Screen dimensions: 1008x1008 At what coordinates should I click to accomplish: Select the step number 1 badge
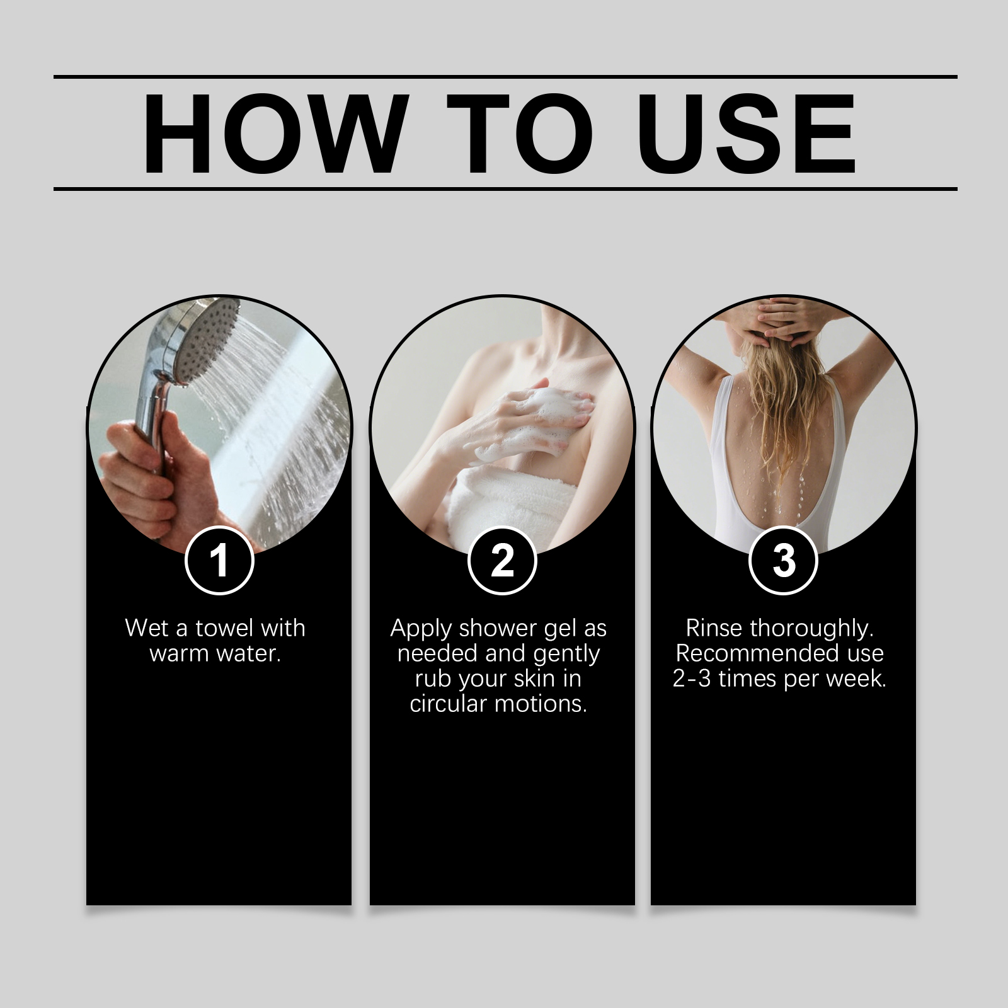click(x=219, y=560)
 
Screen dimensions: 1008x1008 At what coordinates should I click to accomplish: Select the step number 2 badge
click(x=502, y=560)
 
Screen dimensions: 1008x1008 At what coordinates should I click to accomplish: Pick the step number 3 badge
click(x=784, y=560)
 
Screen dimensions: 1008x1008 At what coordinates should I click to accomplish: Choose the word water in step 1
click(x=247, y=654)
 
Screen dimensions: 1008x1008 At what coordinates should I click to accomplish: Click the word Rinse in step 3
click(x=714, y=628)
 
